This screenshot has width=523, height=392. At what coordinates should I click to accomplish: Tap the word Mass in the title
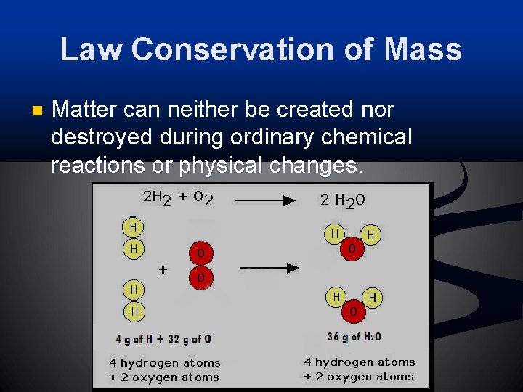coord(422,49)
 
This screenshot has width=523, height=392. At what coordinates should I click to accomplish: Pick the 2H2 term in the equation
coord(156,197)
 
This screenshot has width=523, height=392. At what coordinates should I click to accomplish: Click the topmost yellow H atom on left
coord(133,227)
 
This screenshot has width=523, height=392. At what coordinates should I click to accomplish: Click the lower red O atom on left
coord(201,278)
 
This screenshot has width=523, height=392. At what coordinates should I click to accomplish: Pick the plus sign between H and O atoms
coord(163,269)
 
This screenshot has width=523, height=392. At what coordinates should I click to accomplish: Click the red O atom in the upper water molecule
coord(352,249)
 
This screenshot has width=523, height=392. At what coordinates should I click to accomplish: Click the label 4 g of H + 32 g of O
coord(163,339)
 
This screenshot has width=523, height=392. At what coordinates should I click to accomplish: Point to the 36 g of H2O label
coord(354,337)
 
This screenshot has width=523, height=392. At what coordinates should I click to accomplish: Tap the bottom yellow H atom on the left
coord(133,311)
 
